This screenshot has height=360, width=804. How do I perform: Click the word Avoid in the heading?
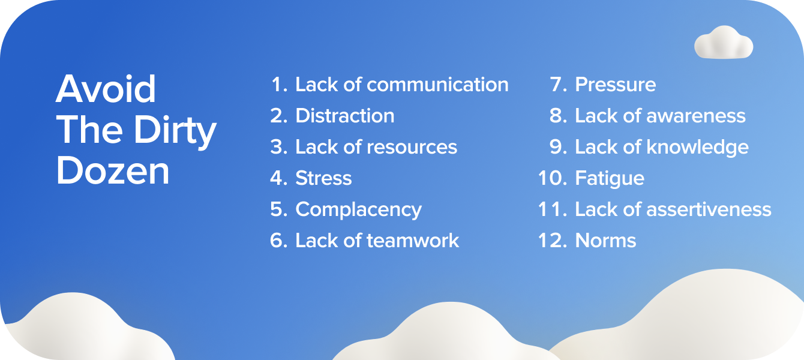click(106, 90)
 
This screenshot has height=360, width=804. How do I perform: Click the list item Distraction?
click(345, 116)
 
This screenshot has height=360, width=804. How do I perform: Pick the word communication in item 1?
click(437, 85)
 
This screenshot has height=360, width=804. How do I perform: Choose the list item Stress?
click(323, 178)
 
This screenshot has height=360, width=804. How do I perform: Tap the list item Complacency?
click(358, 210)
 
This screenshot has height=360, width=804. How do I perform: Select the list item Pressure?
click(616, 85)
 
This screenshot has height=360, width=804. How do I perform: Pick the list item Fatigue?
click(610, 178)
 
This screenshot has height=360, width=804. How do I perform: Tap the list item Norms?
click(605, 241)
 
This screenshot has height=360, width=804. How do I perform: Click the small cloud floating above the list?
click(724, 43)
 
